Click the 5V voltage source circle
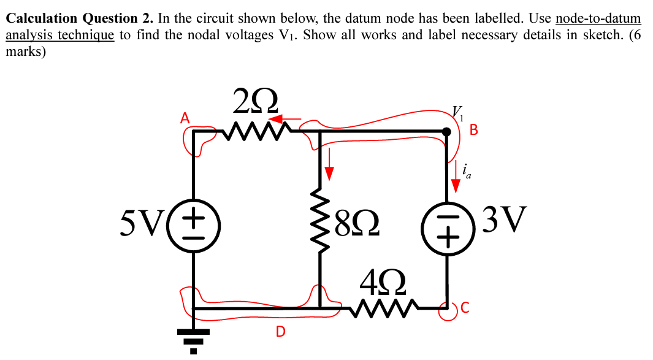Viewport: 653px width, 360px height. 194,224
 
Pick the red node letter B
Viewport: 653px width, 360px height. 473,129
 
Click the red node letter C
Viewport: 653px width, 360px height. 465,310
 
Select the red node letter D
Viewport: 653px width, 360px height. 280,332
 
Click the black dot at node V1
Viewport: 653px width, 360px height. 446,131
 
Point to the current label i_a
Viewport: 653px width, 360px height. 467,170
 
